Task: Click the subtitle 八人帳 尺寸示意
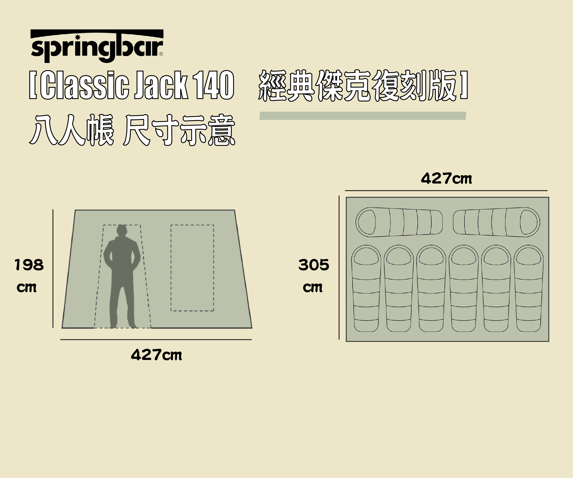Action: pyautogui.click(x=132, y=130)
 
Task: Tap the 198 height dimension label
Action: pyautogui.click(x=29, y=265)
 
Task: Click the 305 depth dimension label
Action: pyautogui.click(x=314, y=265)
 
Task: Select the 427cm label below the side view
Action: pyautogui.click(x=156, y=355)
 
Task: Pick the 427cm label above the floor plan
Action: pyautogui.click(x=446, y=179)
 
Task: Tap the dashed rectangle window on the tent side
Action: pyautogui.click(x=192, y=268)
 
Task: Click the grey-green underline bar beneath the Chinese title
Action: pyautogui.click(x=363, y=116)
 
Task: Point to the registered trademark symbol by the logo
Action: pyautogui.click(x=161, y=54)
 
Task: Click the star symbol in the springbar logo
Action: pyautogui.click(x=78, y=37)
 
